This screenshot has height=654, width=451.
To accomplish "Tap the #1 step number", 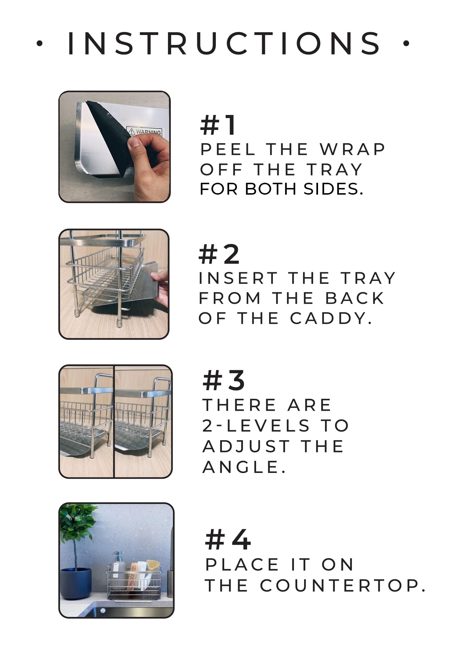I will coord(218,125).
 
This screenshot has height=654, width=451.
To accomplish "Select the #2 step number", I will coord(219,254).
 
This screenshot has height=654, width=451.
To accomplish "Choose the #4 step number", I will coord(228,539).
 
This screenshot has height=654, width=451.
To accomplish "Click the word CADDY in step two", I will coord(331,318).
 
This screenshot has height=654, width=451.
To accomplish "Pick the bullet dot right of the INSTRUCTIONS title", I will coord(406,43).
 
